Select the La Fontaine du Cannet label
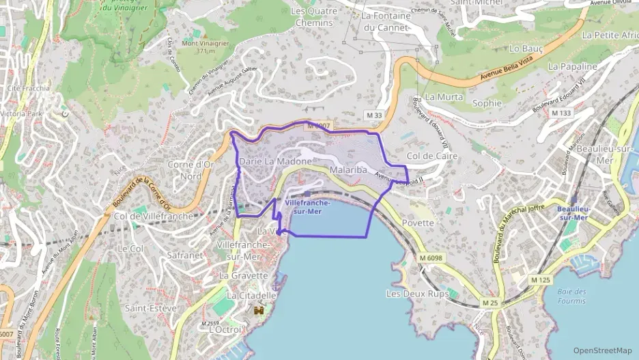tap(386, 21)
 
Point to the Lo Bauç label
tap(525, 49)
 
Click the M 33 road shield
tap(373, 115)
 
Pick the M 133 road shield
tap(560, 113)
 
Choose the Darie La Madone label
tap(275, 161)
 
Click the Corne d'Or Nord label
tap(191, 170)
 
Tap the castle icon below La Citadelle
tap(259, 311)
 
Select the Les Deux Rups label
tap(417, 294)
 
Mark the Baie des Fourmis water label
tap(571, 296)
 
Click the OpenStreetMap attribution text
tap(602, 350)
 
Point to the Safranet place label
tap(185, 255)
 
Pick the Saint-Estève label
tap(150, 308)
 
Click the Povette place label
tap(418, 223)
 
